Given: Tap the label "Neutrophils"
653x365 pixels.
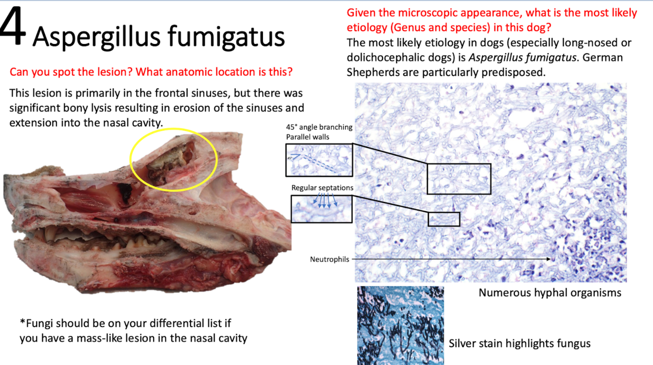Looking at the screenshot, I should [329, 259].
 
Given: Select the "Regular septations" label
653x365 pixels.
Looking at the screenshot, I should [322, 188].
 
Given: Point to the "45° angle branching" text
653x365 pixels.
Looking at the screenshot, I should [319, 127].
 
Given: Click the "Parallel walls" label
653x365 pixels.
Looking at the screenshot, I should [308, 137].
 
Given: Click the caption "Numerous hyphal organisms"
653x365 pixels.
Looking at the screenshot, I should [550, 293].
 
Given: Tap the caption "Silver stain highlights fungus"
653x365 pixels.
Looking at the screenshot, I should [519, 344].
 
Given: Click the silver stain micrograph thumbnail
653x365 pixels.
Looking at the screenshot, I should [400, 325].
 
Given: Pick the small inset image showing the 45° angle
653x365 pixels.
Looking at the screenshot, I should [319, 160].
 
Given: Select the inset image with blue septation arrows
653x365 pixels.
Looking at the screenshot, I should [322, 209].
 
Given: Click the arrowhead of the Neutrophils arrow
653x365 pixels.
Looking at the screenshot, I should [550, 259].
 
